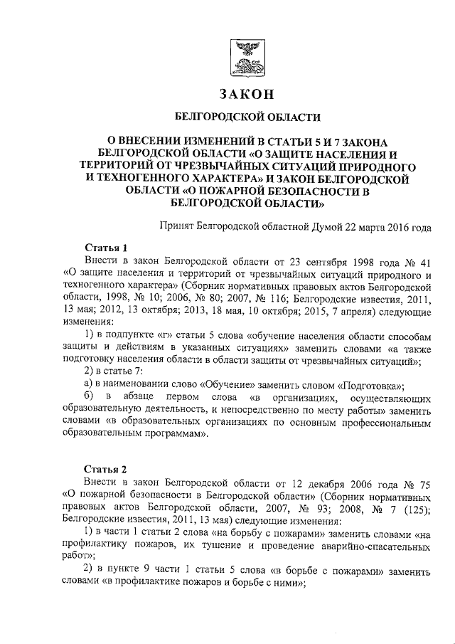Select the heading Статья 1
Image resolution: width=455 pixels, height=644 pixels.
coord(106,248)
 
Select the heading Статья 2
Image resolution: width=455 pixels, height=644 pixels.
coord(106,469)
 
